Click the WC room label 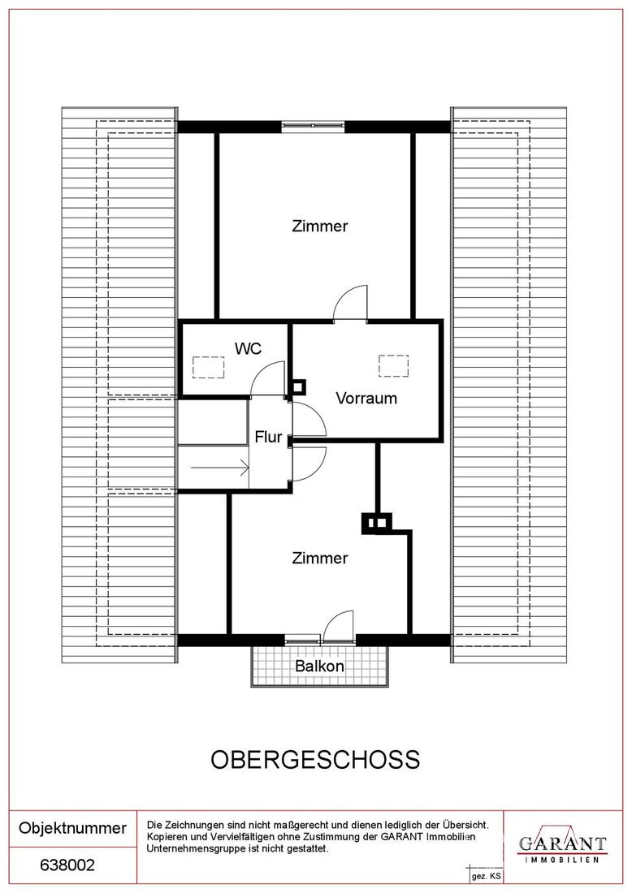click(x=249, y=348)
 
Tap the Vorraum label click(x=366, y=398)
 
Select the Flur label click(x=268, y=437)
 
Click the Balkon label click(x=319, y=666)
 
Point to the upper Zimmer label click(x=320, y=226)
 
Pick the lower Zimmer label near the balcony click(x=320, y=559)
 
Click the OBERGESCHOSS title click(x=316, y=759)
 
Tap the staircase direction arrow click(x=220, y=468)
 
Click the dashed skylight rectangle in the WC click(x=209, y=367)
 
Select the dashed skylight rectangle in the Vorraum click(x=393, y=365)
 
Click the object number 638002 click(x=67, y=865)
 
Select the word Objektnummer click(x=72, y=827)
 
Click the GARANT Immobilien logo click(x=562, y=844)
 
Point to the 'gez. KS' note click(x=486, y=876)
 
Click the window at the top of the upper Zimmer click(x=314, y=126)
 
